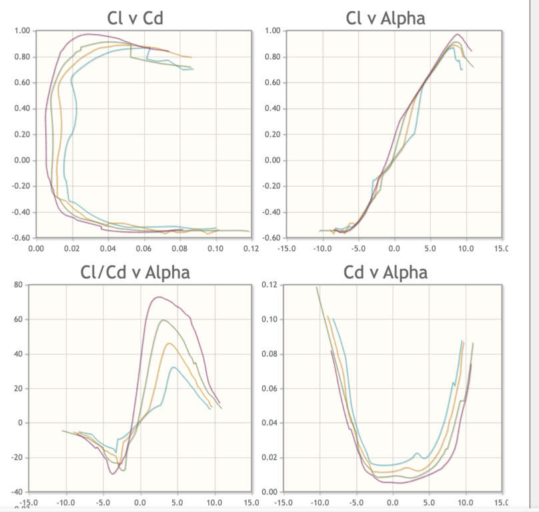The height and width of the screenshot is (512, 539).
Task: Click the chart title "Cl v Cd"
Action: [135, 18]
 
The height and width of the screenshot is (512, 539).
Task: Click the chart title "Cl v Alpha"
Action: [385, 18]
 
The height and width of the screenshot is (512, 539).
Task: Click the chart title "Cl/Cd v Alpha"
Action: [135, 272]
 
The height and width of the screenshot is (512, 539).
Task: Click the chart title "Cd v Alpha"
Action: [386, 272]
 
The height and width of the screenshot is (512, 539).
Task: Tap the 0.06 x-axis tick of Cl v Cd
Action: [143, 249]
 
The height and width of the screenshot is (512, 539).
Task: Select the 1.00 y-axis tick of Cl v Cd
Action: [21, 31]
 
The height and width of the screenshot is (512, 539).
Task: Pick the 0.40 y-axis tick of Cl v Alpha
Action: [272, 109]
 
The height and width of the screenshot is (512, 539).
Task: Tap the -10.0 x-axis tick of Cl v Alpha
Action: [322, 249]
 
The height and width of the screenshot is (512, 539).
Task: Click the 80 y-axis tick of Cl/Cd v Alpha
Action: [19, 285]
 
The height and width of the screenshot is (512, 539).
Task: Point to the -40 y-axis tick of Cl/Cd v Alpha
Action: [17, 492]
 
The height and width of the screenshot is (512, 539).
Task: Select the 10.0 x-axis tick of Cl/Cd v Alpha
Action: [214, 503]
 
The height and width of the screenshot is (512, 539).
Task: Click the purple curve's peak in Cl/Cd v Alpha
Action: [158, 297]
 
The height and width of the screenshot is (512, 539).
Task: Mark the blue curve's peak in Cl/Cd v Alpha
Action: [173, 367]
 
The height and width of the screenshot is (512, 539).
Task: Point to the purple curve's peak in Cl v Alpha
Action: [458, 34]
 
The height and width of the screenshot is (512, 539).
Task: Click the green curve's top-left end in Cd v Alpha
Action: [317, 287]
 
